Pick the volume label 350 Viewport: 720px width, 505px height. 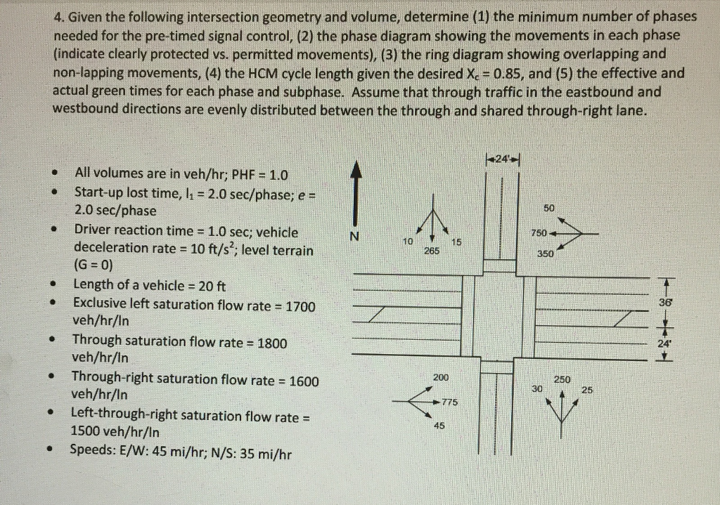(x=545, y=254)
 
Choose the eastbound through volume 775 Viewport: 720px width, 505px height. (x=449, y=402)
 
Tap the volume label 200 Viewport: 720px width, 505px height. (x=441, y=378)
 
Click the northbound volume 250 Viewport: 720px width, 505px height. (x=562, y=379)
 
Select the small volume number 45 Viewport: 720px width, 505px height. (x=439, y=426)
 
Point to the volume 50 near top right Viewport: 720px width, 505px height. (x=549, y=208)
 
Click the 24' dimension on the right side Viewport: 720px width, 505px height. (x=664, y=344)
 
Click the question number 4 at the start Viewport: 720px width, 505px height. (x=57, y=17)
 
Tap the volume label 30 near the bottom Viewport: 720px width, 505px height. (x=538, y=389)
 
